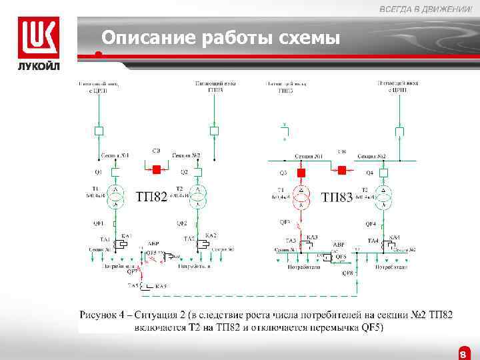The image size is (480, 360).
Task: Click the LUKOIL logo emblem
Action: click(38, 37)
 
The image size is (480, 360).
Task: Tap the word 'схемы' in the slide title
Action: click(311, 38)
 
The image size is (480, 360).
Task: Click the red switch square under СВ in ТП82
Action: click(157, 170)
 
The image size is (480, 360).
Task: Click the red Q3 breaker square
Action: click(301, 173)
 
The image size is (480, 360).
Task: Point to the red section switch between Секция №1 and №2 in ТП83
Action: click(342, 170)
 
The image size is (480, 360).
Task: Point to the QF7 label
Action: click(133, 272)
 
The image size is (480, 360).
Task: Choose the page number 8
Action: click(463, 354)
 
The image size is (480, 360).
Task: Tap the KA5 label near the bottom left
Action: click(161, 286)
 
